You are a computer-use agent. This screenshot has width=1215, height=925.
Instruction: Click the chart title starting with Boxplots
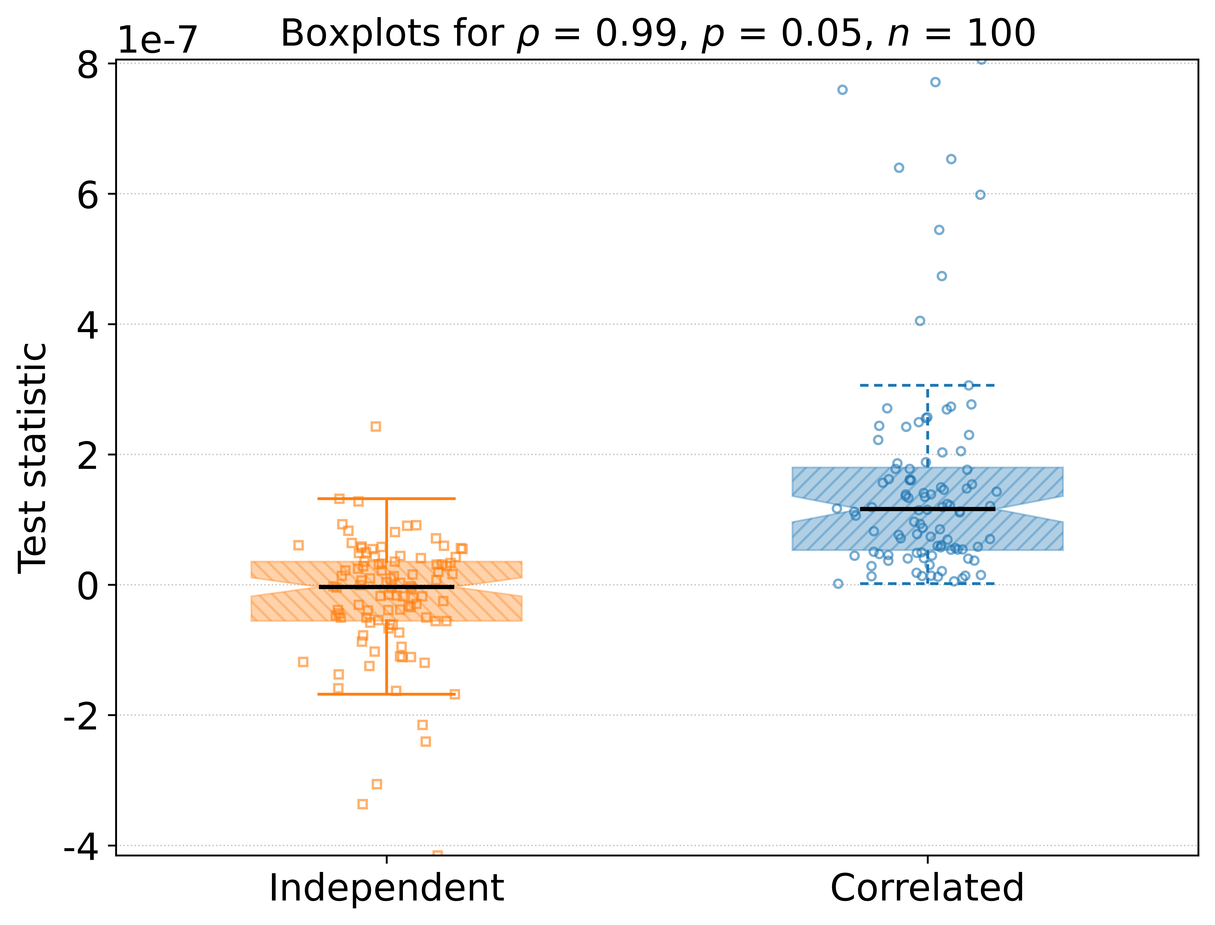click(x=658, y=34)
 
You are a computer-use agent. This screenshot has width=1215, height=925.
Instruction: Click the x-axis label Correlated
click(x=927, y=888)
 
